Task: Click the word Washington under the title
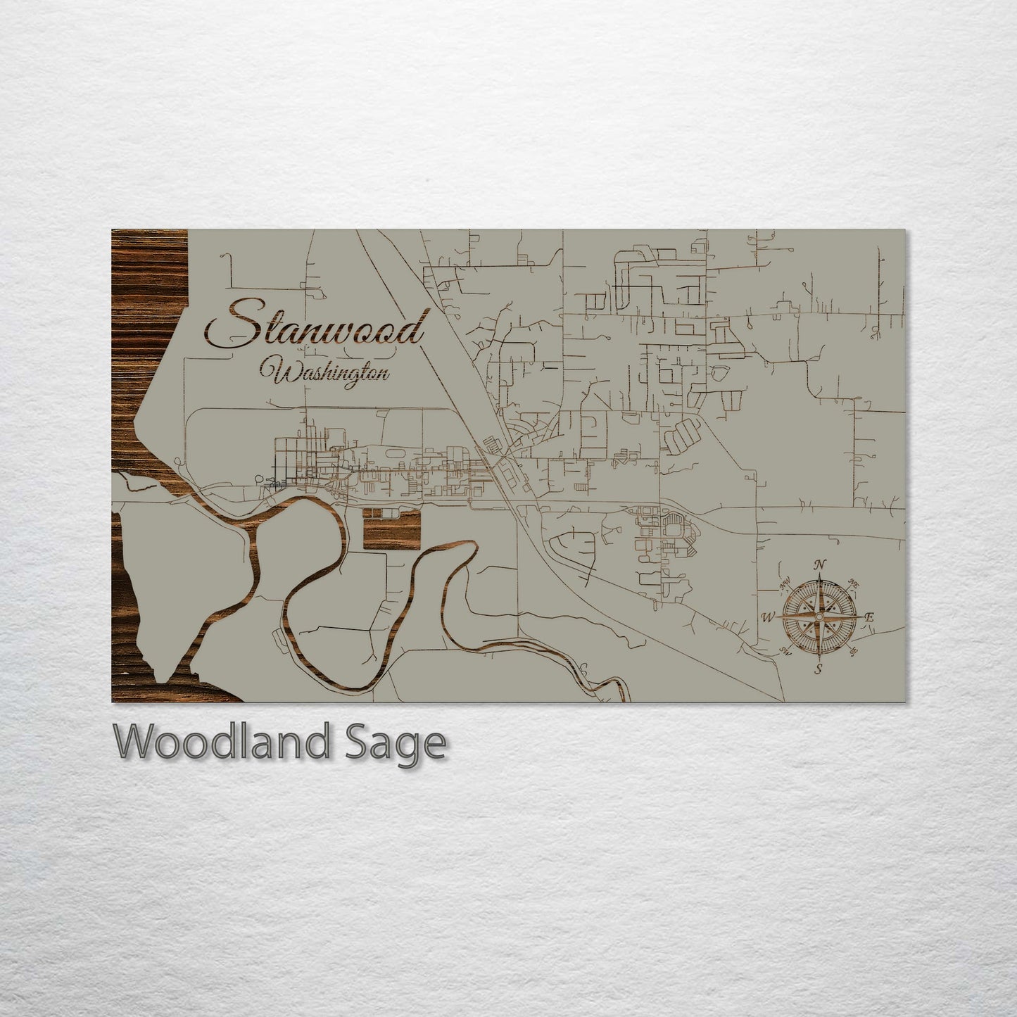coord(325,371)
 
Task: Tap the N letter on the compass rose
coord(819,564)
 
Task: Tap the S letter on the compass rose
coord(819,669)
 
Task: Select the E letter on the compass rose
coord(869,617)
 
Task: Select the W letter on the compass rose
coord(768,618)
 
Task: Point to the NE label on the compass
coord(854,583)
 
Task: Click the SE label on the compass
coord(853,652)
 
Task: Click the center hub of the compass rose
coord(819,617)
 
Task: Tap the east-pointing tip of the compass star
coord(861,617)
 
